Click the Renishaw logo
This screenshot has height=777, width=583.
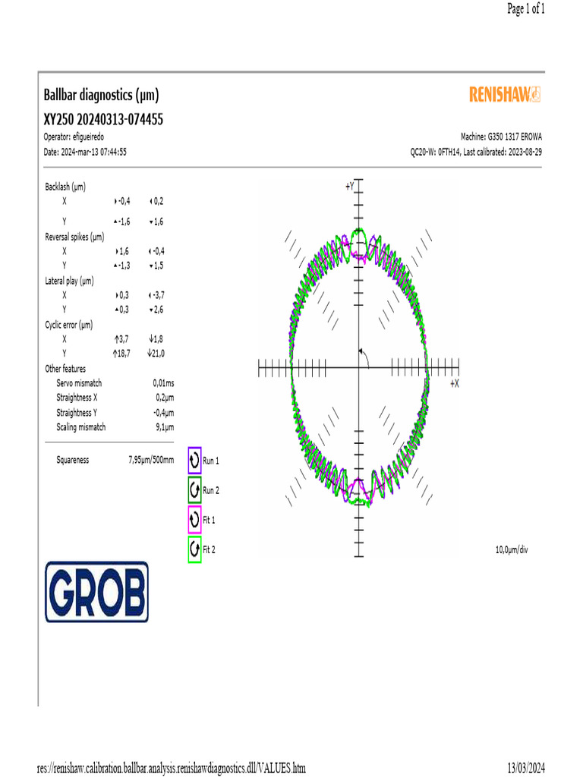click(505, 94)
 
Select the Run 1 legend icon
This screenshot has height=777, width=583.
click(194, 460)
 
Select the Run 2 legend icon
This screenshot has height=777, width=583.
click(194, 489)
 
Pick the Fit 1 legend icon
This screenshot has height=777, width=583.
click(194, 520)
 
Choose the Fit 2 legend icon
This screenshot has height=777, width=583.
click(194, 549)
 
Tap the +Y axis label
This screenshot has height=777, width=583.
click(349, 186)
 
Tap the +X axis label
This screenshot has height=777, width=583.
click(454, 385)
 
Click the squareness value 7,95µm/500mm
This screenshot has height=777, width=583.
click(151, 460)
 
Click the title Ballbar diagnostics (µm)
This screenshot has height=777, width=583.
click(102, 96)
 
